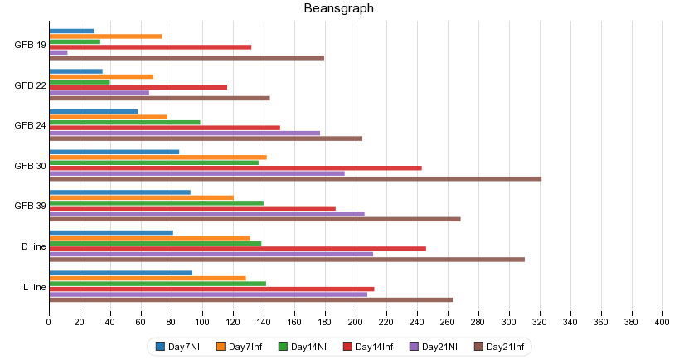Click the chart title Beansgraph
(338, 9)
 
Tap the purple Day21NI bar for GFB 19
(58, 52)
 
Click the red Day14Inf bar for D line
(237, 248)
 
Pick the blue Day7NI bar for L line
(121, 273)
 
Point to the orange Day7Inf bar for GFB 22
(101, 76)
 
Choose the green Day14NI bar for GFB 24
(124, 122)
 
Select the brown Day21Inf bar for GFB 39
(255, 219)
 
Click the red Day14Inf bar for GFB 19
(150, 46)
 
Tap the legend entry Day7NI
(177, 347)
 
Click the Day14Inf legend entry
(367, 347)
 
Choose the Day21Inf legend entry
(498, 347)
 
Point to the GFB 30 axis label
(31, 165)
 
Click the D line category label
(34, 246)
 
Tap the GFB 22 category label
(31, 85)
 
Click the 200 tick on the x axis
(356, 321)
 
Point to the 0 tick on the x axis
(49, 321)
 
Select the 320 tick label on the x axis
(540, 321)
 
